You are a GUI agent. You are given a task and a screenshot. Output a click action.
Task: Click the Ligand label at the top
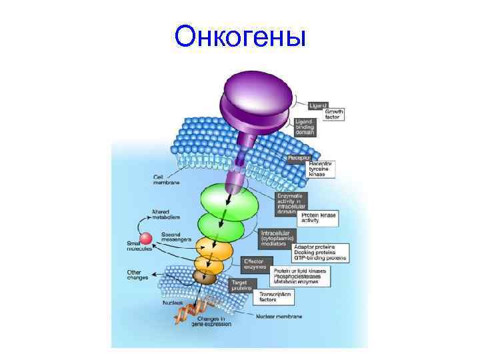pyautogui.click(x=318, y=105)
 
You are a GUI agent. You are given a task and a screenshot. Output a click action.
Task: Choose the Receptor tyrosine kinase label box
pyautogui.click(x=319, y=169)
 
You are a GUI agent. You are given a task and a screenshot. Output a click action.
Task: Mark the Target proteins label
pyautogui.click(x=241, y=285)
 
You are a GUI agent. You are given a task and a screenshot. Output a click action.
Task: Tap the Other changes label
pyautogui.click(x=139, y=275)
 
